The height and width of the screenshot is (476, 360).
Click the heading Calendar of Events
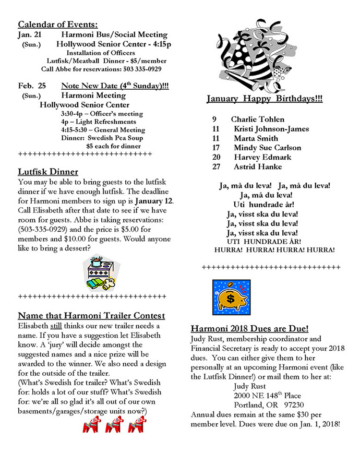(58, 25)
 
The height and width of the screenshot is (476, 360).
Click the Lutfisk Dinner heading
(48, 172)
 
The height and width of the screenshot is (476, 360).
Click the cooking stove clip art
(101, 273)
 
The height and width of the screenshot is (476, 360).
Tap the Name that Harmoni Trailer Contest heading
(91, 316)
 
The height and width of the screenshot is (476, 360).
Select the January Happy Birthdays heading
(264, 99)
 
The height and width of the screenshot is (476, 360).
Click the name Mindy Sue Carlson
(267, 148)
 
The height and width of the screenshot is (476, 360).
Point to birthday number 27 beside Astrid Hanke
(217, 166)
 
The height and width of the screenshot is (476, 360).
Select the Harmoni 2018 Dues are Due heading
(249, 329)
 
